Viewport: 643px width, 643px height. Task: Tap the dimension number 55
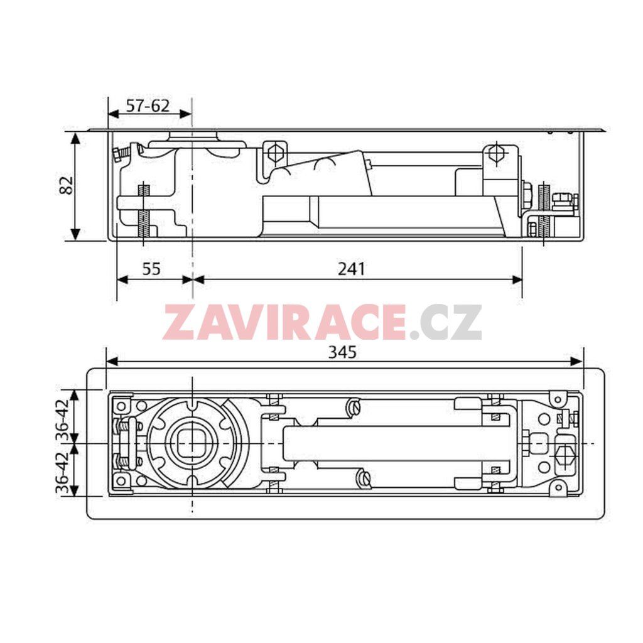pos(151,269)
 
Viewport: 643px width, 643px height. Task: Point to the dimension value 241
pos(351,269)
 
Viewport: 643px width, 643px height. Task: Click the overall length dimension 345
pos(342,352)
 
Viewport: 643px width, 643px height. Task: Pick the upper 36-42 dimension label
pos(63,418)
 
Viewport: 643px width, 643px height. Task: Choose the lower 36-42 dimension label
pos(63,472)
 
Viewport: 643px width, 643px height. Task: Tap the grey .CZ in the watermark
pos(445,323)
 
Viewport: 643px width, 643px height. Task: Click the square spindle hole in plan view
pos(192,444)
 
